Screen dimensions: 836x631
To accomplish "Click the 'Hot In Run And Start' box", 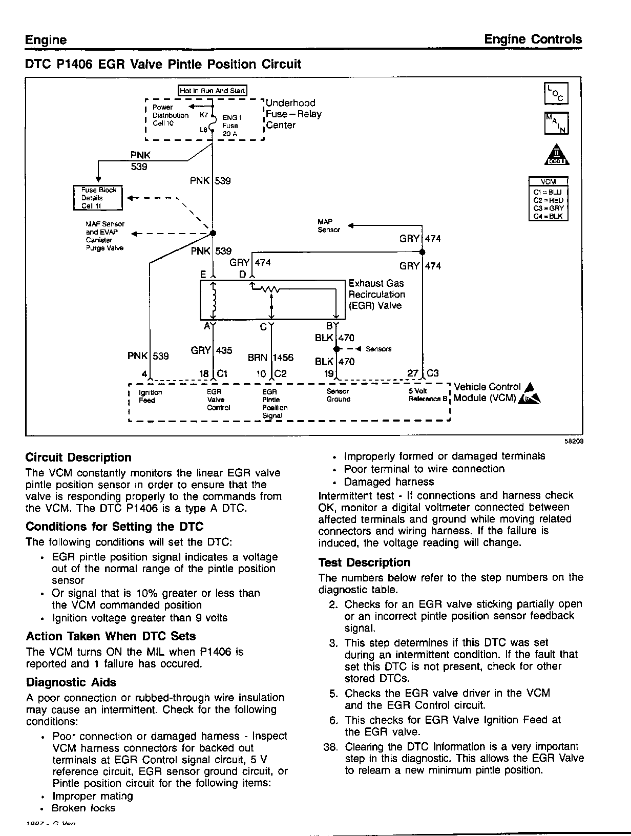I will coord(212,91).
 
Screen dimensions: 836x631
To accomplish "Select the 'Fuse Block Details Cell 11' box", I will coord(98,198).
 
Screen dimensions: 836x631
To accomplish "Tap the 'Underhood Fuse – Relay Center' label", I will coord(293,114).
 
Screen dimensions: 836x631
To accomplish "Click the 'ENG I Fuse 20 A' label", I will coord(231,126).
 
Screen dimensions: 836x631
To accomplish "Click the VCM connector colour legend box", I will coord(548,199).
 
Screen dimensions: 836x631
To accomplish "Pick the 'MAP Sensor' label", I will coord(328,226).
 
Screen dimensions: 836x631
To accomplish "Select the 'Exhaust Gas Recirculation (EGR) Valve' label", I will coord(376,295).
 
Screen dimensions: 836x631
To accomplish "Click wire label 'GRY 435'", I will coord(212,350).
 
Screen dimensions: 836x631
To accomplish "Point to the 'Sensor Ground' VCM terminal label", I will coord(338,395).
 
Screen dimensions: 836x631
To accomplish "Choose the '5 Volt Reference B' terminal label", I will coord(428,395).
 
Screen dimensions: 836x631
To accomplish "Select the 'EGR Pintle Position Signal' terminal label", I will coord(275,404).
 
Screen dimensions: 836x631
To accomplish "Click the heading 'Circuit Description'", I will coord(78,457).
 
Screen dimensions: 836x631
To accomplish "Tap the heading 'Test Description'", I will coord(364,562).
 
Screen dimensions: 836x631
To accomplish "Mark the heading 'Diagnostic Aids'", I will coord(71,682).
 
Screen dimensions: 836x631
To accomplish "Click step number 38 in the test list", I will coord(330,747).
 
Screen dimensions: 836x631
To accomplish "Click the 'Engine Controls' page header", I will coord(533,39).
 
